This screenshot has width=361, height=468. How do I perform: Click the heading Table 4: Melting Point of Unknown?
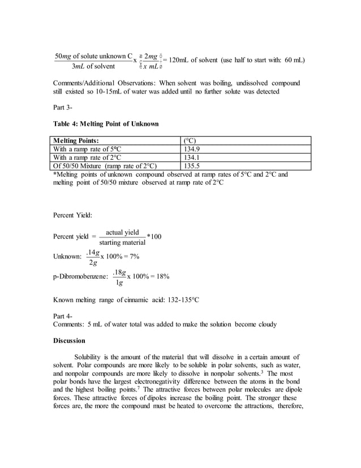click(106, 124)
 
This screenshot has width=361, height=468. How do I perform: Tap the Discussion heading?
click(69, 341)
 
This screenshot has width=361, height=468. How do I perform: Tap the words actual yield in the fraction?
click(122, 232)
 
